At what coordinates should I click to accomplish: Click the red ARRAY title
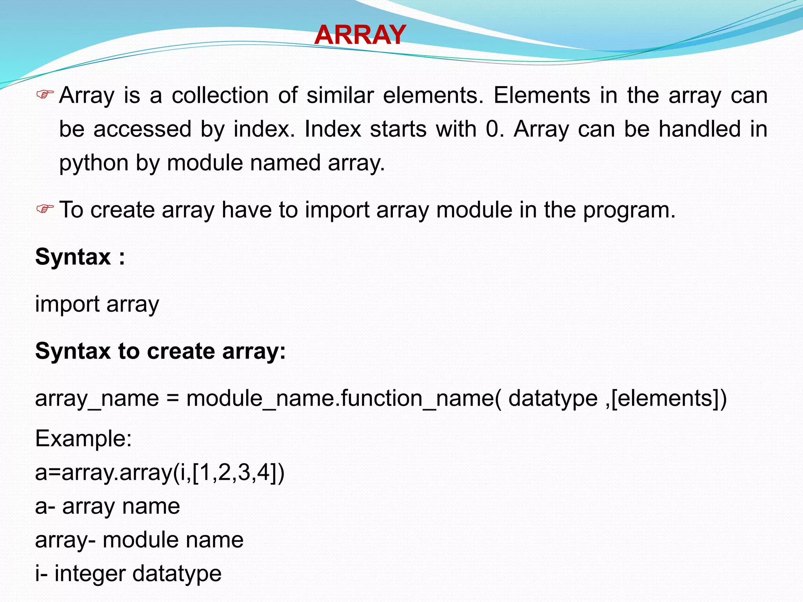pyautogui.click(x=360, y=35)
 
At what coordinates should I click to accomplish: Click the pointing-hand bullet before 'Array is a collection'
pyautogui.click(x=45, y=94)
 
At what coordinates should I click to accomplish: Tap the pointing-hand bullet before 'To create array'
pyautogui.click(x=45, y=209)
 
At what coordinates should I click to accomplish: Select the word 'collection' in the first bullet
pyautogui.click(x=220, y=95)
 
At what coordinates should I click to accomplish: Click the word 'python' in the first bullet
pyautogui.click(x=94, y=163)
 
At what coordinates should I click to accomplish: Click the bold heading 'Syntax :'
pyautogui.click(x=80, y=257)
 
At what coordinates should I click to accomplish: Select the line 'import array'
pyautogui.click(x=97, y=305)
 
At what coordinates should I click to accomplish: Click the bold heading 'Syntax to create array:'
pyautogui.click(x=160, y=351)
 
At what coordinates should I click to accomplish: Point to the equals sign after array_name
pyautogui.click(x=173, y=399)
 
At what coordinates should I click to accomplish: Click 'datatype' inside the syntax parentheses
pyautogui.click(x=553, y=399)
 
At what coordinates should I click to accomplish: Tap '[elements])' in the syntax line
pyautogui.click(x=669, y=399)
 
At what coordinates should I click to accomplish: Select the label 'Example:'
pyautogui.click(x=84, y=439)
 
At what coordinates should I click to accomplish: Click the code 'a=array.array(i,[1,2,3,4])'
pyautogui.click(x=160, y=473)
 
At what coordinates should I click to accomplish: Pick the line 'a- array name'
pyautogui.click(x=107, y=506)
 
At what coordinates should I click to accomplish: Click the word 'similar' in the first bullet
pyautogui.click(x=340, y=95)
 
